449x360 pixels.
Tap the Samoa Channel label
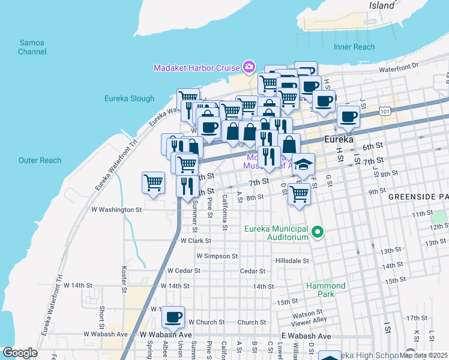click(32, 47)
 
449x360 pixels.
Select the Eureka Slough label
click(129, 98)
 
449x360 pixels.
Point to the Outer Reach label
click(40, 160)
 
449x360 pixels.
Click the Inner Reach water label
click(354, 47)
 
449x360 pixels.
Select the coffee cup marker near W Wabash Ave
click(173, 316)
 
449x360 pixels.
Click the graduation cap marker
click(304, 164)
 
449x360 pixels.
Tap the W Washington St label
click(116, 210)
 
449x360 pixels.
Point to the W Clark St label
click(196, 241)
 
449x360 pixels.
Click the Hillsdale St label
click(292, 261)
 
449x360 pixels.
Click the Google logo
click(20, 353)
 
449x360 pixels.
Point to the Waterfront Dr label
click(397, 67)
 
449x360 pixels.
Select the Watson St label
click(307, 313)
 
